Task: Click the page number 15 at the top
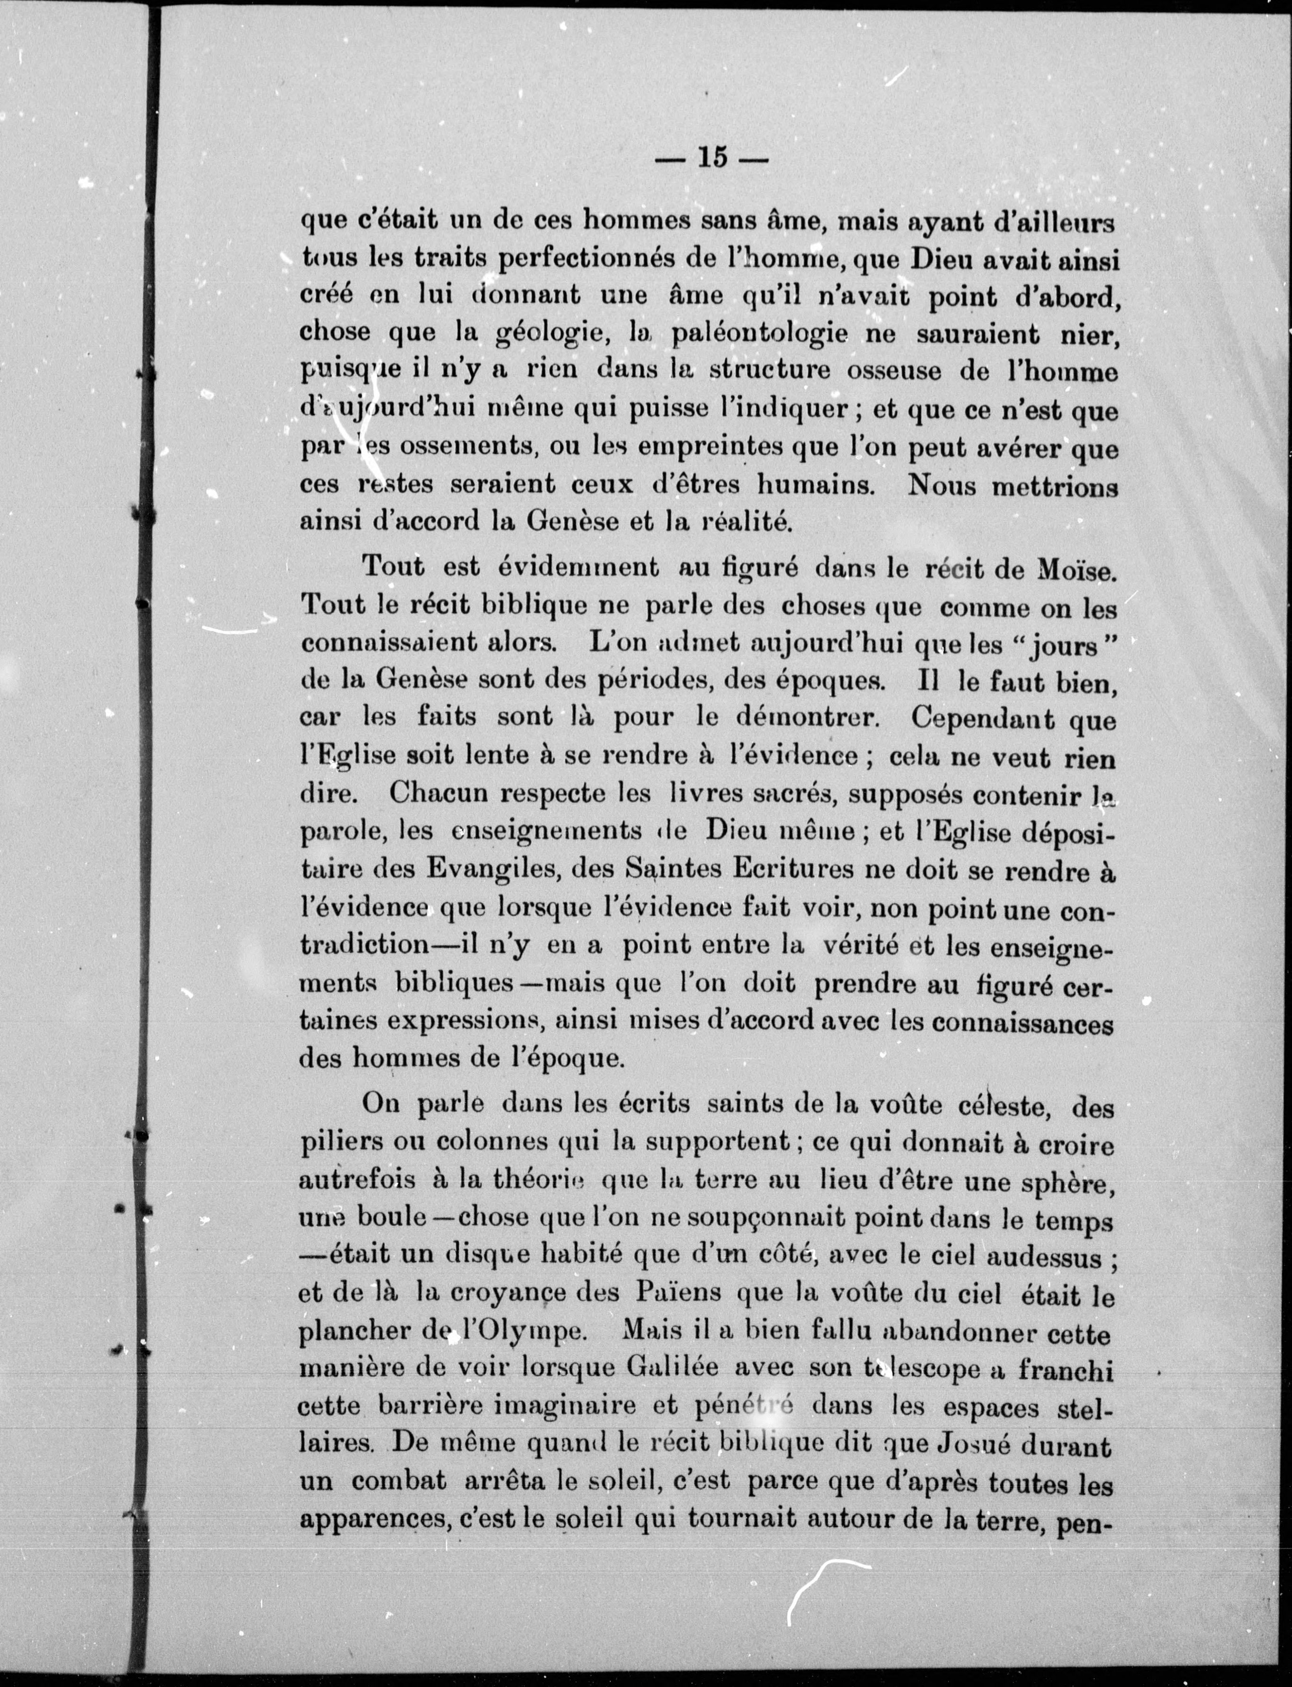(x=711, y=158)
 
